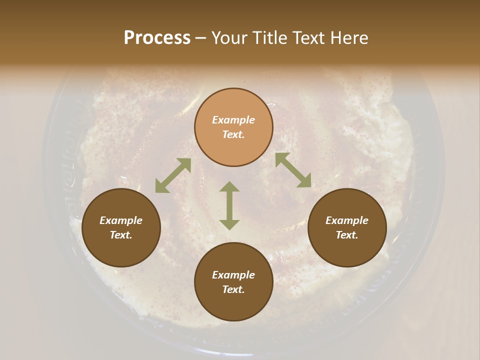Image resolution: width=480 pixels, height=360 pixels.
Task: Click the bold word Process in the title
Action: (157, 38)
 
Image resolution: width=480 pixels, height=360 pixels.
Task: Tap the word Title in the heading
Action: (269, 38)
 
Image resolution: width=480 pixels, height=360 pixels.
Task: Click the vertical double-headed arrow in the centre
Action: (229, 205)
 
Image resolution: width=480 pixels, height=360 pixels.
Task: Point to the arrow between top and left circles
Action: (173, 175)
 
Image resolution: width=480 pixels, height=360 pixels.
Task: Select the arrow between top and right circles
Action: (293, 170)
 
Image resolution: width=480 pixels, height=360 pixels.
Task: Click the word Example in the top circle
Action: (233, 120)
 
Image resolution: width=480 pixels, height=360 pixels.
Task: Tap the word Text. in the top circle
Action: (233, 134)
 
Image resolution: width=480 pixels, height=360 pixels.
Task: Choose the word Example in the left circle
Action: (121, 220)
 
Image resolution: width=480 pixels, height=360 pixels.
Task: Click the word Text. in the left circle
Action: (121, 235)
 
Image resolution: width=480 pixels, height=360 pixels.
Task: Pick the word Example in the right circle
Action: (347, 220)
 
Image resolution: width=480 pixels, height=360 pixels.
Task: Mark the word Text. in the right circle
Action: (347, 235)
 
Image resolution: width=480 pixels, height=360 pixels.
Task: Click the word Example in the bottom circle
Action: (233, 275)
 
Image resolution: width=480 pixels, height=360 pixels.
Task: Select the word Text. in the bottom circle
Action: (233, 289)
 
